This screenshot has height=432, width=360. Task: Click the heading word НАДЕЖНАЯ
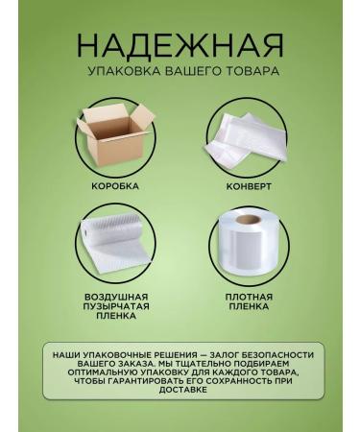tap(180, 45)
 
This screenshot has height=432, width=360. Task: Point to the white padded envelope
tap(249, 138)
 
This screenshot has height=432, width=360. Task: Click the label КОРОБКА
tap(115, 185)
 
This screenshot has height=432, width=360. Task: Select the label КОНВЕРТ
tap(249, 185)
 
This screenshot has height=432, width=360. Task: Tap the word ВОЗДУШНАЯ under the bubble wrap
tap(115, 297)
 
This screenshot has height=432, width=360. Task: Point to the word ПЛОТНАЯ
tap(249, 297)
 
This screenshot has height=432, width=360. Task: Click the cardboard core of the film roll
tap(249, 220)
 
